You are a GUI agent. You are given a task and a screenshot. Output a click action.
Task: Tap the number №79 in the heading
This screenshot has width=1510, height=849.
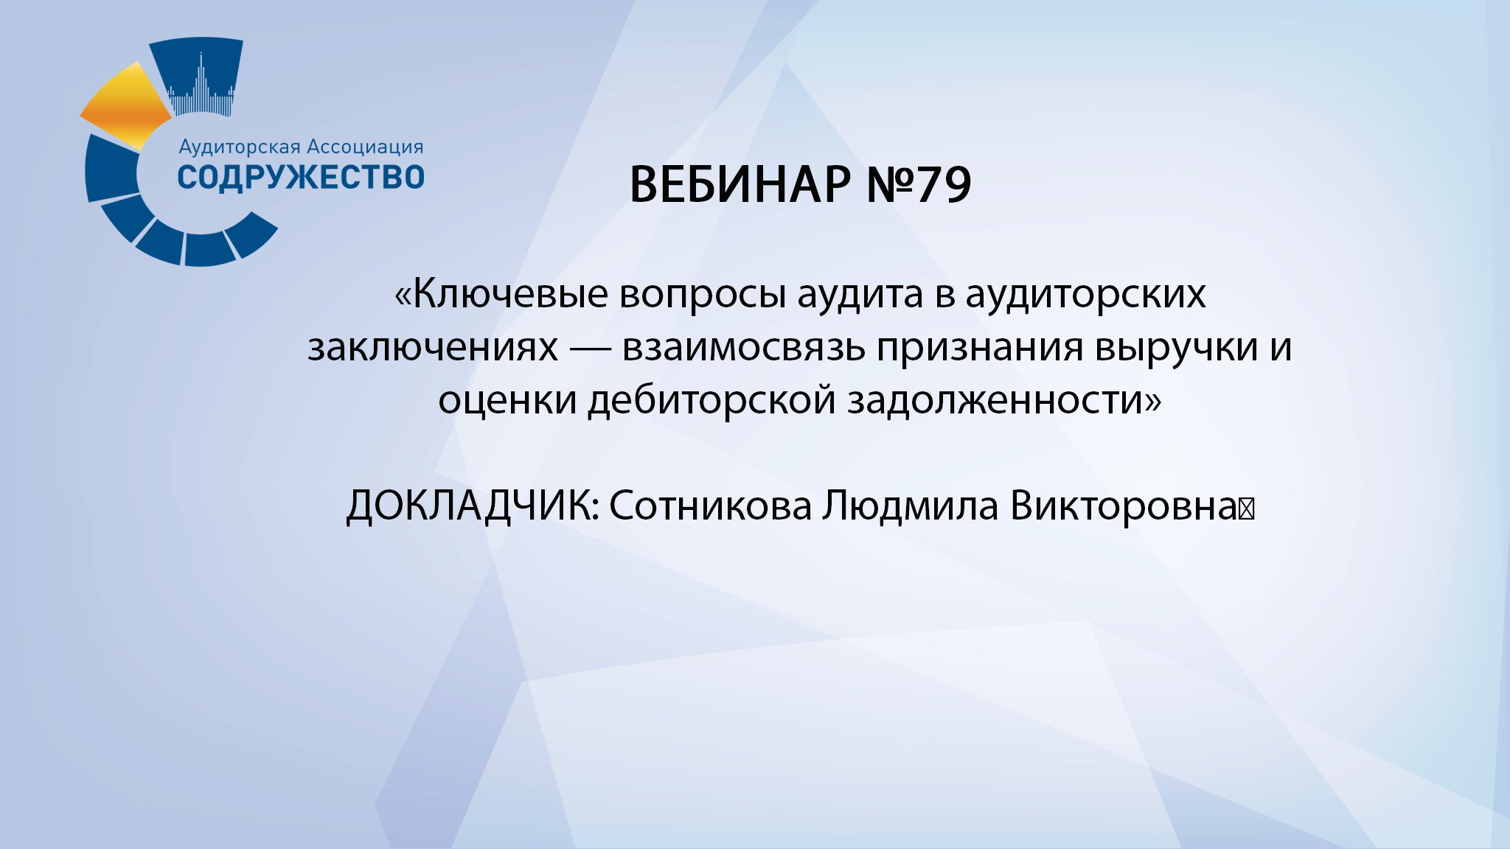(919, 184)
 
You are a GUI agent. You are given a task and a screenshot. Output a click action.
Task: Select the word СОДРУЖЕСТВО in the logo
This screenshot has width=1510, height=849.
(301, 178)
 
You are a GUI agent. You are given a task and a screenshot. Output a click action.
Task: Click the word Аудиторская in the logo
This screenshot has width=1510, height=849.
(240, 147)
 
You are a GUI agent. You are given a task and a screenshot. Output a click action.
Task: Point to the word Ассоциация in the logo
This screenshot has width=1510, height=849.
(365, 147)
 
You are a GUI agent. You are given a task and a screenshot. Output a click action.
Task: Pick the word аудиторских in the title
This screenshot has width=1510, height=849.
(1085, 294)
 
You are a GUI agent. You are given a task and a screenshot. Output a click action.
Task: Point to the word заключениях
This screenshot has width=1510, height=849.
(433, 347)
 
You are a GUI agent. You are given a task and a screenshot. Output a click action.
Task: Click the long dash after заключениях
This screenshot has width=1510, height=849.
(590, 347)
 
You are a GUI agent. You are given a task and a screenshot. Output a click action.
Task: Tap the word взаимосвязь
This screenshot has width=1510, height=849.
(743, 347)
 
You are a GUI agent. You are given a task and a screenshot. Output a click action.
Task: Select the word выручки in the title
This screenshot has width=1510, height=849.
(1176, 347)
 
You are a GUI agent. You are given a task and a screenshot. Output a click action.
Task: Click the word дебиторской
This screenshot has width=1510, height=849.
(711, 400)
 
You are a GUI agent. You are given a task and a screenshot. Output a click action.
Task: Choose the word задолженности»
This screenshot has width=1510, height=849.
(1004, 400)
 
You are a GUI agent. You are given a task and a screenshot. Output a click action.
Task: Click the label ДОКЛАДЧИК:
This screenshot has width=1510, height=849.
(473, 506)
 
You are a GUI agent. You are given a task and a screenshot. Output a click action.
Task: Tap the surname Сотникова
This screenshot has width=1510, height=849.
(710, 506)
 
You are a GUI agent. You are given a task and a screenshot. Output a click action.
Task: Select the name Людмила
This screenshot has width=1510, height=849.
(911, 506)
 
